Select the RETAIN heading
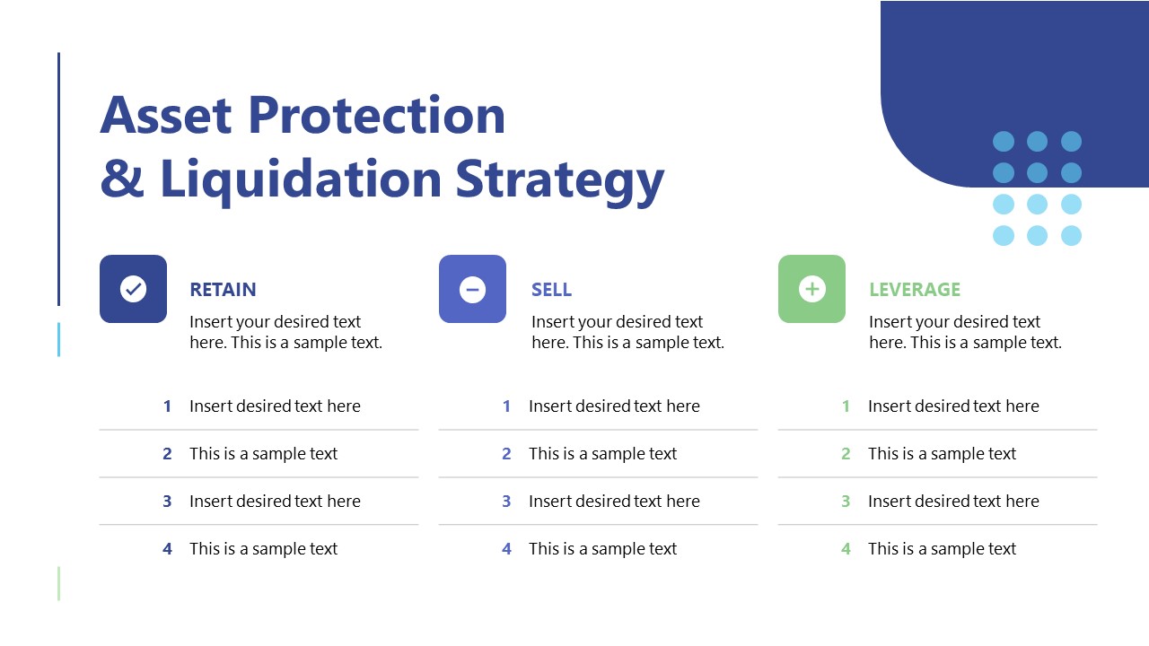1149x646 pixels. click(x=223, y=290)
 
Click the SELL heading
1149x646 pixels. click(x=551, y=290)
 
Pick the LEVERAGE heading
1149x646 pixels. click(x=914, y=290)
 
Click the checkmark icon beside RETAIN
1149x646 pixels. click(x=133, y=289)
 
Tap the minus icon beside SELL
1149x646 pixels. click(x=472, y=289)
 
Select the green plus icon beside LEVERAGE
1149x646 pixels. click(x=811, y=289)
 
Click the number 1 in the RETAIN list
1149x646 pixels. click(x=167, y=406)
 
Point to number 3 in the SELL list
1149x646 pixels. click(x=506, y=502)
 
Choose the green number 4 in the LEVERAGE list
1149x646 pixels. click(x=846, y=549)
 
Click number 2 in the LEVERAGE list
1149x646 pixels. click(x=846, y=454)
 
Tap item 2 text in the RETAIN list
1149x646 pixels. click(x=263, y=454)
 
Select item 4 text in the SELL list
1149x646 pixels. click(x=602, y=549)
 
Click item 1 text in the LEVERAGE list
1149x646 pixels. click(x=953, y=406)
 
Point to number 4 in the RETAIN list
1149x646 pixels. click(x=167, y=549)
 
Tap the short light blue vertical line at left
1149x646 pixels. click(x=59, y=339)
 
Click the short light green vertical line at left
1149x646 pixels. click(x=59, y=583)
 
